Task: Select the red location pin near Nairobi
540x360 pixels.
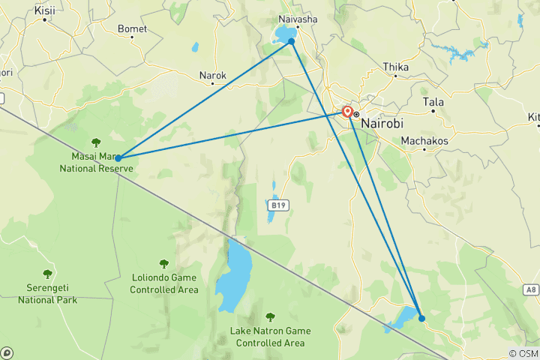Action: click(347, 112)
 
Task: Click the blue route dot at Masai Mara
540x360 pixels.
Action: click(118, 158)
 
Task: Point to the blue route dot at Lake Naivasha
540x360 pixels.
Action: click(292, 41)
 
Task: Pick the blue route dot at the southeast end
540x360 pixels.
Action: click(421, 318)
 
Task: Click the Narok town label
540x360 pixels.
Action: click(212, 76)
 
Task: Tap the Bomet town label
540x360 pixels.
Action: click(132, 29)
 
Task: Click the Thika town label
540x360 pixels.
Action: click(395, 67)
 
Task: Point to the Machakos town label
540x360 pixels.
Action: click(424, 141)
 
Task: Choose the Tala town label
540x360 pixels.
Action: click(433, 102)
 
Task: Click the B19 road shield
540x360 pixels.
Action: click(277, 204)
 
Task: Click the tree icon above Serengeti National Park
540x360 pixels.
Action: click(47, 274)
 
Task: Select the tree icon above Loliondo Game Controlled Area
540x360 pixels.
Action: click(163, 263)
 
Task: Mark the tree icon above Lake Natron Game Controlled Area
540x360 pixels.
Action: click(270, 317)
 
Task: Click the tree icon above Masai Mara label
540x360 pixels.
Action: click(95, 142)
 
